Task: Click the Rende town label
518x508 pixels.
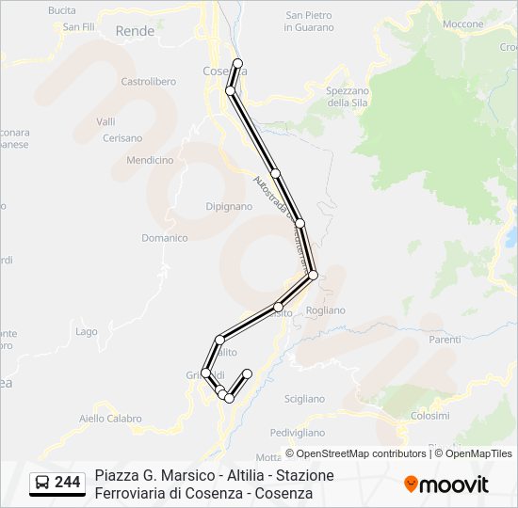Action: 134,31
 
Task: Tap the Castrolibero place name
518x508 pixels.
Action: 149,82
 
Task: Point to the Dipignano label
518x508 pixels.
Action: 229,206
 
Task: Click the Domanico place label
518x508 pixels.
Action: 165,238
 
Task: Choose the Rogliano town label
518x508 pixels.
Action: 326,310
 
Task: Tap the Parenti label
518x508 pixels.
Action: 445,340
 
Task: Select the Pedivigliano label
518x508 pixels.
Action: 297,433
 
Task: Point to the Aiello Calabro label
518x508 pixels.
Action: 110,419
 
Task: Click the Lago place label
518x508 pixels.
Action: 87,331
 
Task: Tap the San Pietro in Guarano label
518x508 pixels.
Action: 309,21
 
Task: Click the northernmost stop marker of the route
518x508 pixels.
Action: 238,64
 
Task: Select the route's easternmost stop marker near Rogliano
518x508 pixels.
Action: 313,275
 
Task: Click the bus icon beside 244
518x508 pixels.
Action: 43,483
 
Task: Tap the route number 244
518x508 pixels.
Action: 68,483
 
